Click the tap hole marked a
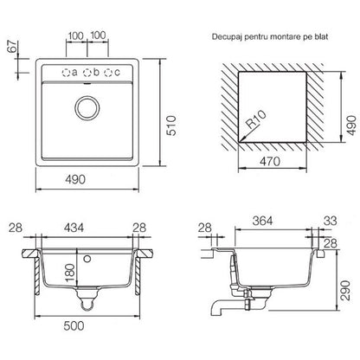(x=66, y=73)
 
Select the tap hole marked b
(x=87, y=73)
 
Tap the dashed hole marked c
(x=108, y=73)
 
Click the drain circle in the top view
(x=87, y=108)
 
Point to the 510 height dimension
(x=172, y=125)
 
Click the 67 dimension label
(x=13, y=47)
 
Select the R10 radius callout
(x=256, y=119)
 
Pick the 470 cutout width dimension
(x=270, y=162)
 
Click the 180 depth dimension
(x=70, y=273)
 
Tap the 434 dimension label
(x=74, y=228)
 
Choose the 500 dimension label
(x=74, y=326)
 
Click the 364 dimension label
(x=262, y=221)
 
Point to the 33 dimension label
(x=330, y=221)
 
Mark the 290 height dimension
(x=345, y=290)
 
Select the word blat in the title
(x=321, y=36)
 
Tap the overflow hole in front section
(x=87, y=259)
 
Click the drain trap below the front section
(x=87, y=300)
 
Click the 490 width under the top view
(x=75, y=180)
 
